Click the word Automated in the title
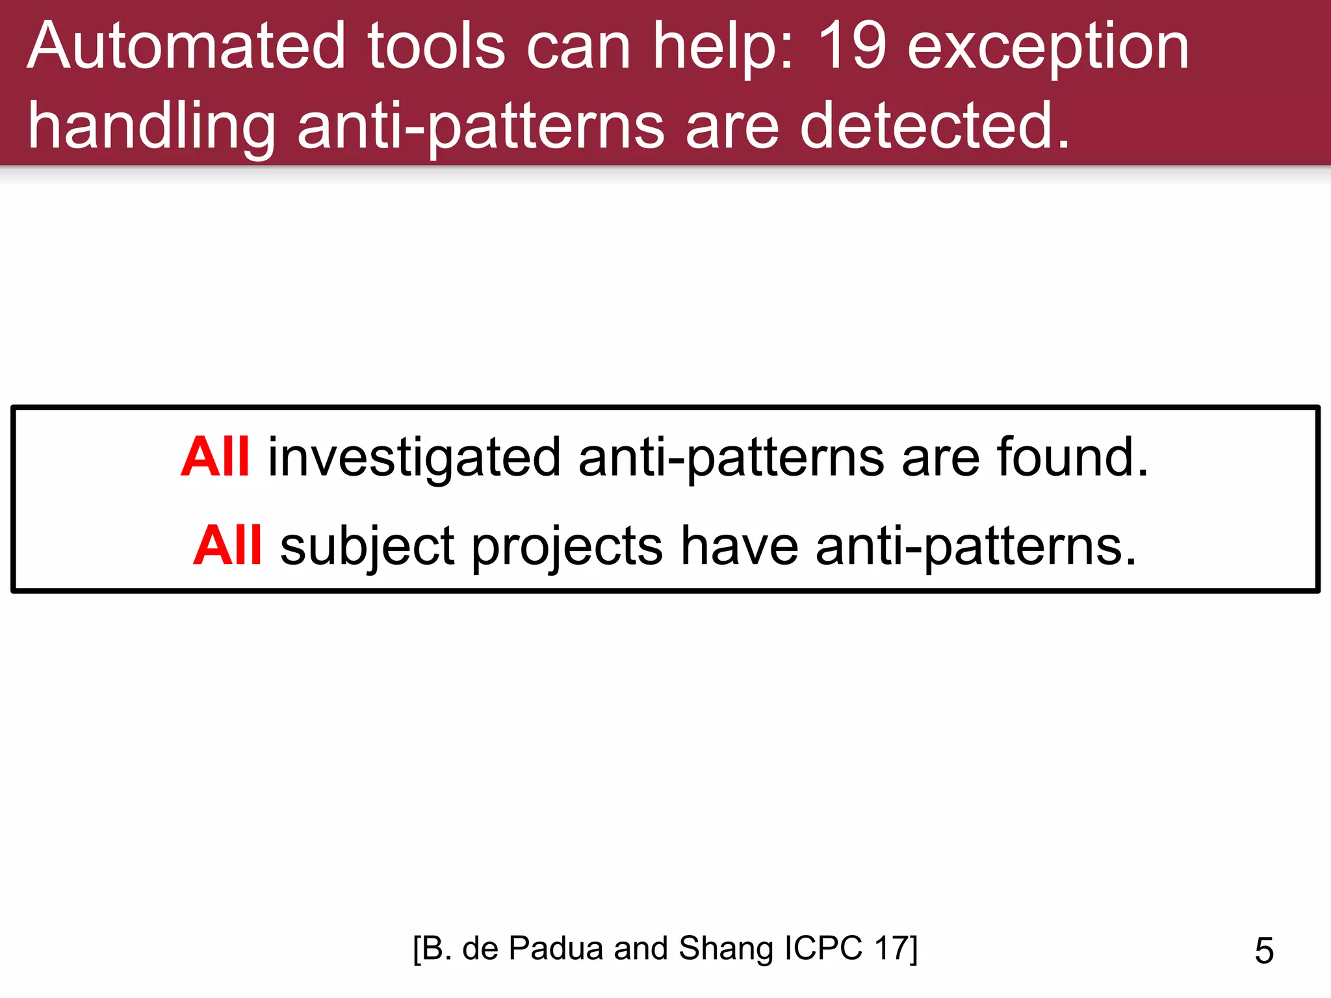coord(186,47)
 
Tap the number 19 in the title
coord(851,47)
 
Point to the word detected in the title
coord(935,126)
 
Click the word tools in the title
coord(436,47)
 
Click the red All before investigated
coord(214,457)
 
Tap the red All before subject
coord(227,545)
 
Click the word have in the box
coord(740,545)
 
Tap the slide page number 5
coord(1264,951)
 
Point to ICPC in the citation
coord(823,948)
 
